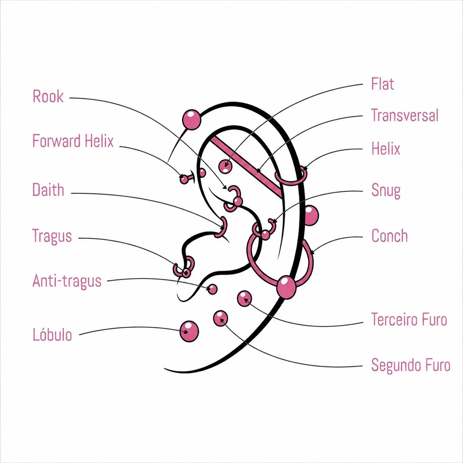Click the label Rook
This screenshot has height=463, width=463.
(x=48, y=96)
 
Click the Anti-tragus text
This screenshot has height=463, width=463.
(x=67, y=281)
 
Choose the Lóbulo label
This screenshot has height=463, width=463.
(x=52, y=334)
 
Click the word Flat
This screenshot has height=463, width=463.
(x=383, y=84)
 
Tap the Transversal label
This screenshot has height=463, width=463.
(x=405, y=115)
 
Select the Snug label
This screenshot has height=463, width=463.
(x=386, y=191)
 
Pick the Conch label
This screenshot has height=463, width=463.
(x=390, y=236)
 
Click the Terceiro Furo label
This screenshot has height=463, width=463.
(x=409, y=319)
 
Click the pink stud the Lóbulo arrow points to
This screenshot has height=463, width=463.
(x=189, y=331)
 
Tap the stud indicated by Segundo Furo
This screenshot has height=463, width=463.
(x=220, y=318)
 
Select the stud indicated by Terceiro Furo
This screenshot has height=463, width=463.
(x=244, y=298)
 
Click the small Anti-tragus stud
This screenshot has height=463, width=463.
(x=212, y=289)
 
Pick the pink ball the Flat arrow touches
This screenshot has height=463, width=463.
(x=225, y=166)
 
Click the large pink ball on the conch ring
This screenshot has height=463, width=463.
(x=286, y=287)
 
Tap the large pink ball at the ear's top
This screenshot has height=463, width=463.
(x=191, y=120)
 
